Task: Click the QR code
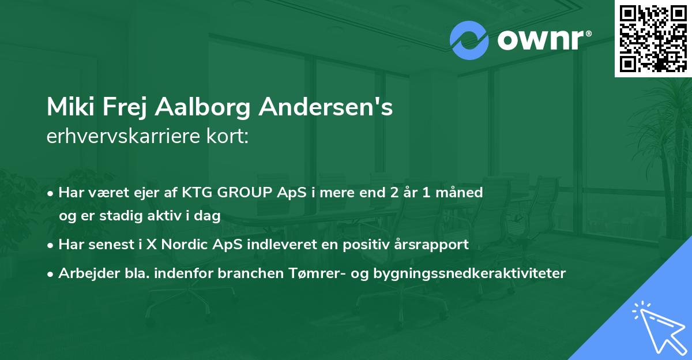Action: pyautogui.click(x=653, y=38)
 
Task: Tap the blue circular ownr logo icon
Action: pyautogui.click(x=469, y=40)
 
